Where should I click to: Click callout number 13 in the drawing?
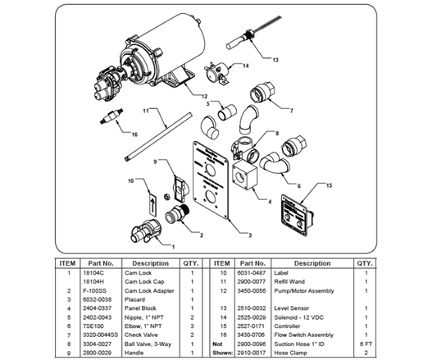point(275,59)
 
